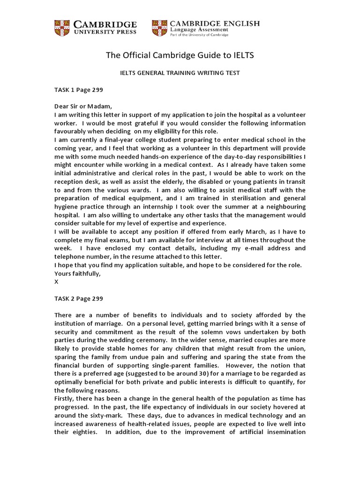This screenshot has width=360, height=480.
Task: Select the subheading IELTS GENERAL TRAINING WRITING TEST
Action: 180,73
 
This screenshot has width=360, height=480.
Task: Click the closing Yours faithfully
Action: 77,273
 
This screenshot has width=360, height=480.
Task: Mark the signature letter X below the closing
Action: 57,282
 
